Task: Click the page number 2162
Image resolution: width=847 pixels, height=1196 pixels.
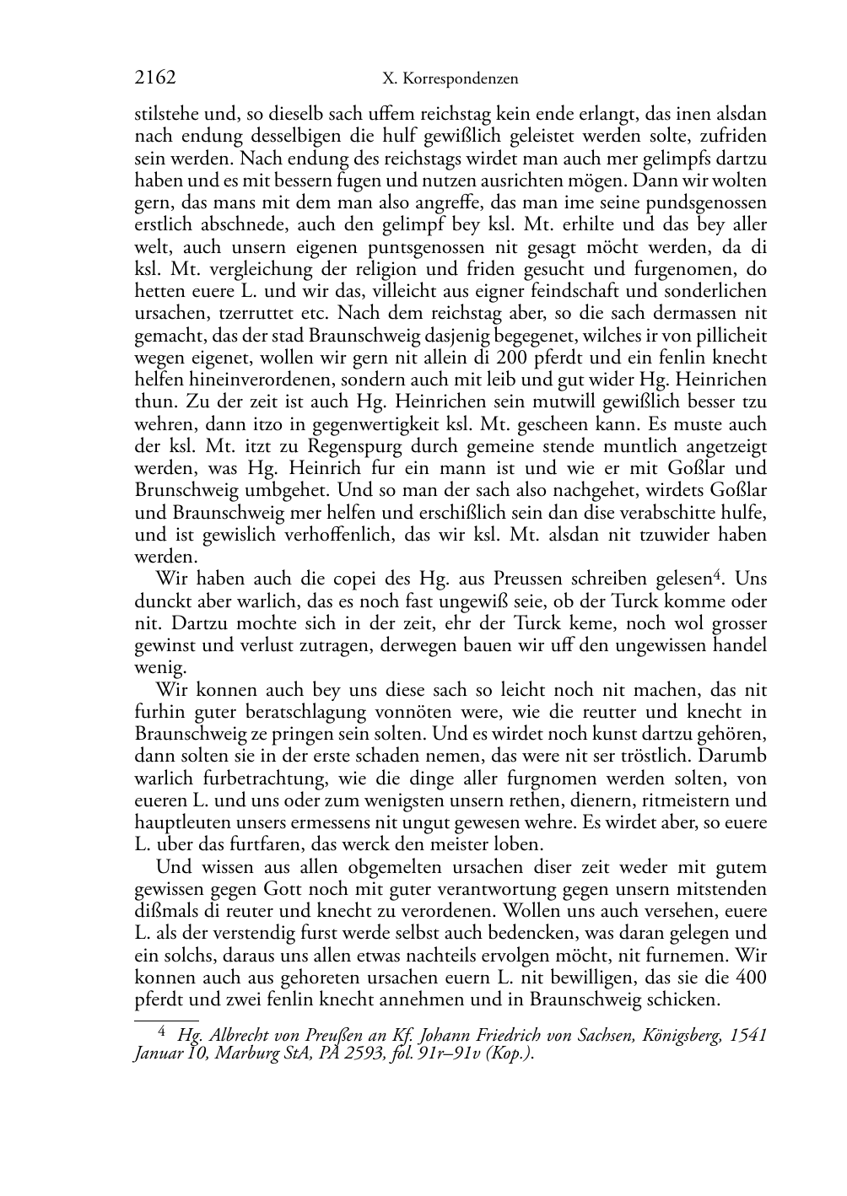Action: tap(155, 78)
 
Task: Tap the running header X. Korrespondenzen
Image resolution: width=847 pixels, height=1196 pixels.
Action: tap(450, 79)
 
